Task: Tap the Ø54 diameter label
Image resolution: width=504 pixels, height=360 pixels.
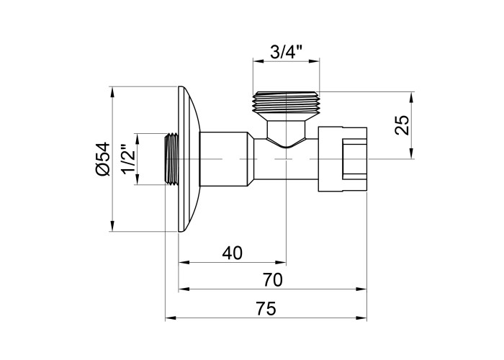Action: (102, 159)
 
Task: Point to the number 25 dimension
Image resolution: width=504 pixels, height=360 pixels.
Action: (402, 125)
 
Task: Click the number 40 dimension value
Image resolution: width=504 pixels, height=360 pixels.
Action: (232, 253)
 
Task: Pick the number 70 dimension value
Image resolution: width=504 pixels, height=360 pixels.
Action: (271, 279)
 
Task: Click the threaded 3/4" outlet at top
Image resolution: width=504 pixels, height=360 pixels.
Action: (287, 101)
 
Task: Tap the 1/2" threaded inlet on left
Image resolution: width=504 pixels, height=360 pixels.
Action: (171, 159)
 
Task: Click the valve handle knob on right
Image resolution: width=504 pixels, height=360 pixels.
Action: (344, 158)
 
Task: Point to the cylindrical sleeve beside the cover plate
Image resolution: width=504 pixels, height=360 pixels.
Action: (225, 158)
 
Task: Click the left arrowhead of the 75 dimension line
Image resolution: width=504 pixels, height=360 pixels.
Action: (170, 318)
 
